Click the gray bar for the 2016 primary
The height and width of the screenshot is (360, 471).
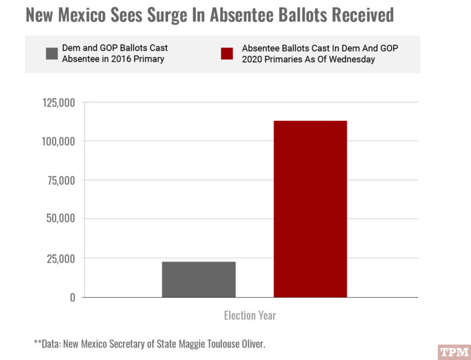click(x=199, y=279)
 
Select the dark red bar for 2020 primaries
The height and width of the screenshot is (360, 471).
click(x=310, y=209)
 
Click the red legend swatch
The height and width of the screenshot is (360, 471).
click(x=227, y=54)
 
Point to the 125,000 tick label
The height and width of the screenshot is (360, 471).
click(x=59, y=103)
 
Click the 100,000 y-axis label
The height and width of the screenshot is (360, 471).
click(x=59, y=141)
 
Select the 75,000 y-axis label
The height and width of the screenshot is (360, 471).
click(x=61, y=181)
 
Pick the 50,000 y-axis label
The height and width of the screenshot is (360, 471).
click(x=60, y=219)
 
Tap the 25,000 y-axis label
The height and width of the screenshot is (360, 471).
click(x=61, y=258)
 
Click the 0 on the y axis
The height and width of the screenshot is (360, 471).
click(x=73, y=297)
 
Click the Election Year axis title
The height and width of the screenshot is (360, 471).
click(x=250, y=315)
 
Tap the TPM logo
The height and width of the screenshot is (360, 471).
click(x=454, y=352)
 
